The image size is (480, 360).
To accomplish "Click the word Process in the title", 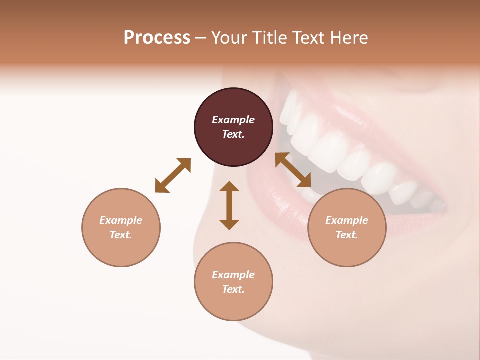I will click(157, 38).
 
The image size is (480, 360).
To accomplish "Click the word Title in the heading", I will click(267, 38).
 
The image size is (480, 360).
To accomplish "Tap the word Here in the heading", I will click(348, 38).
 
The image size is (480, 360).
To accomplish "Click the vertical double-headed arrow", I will click(229, 205).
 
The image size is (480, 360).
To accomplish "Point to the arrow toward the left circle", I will click(173, 175).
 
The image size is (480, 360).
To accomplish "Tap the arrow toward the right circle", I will click(293, 170).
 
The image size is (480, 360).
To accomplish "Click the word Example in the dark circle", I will click(233, 120).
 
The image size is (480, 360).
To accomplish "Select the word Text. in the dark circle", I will click(233, 134).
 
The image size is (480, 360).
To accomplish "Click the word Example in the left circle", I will click(121, 220).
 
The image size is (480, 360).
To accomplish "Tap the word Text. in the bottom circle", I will click(233, 289).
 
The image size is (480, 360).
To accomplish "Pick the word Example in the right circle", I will click(347, 220).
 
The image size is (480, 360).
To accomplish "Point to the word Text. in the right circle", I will click(347, 235).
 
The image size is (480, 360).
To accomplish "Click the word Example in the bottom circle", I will click(233, 275).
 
